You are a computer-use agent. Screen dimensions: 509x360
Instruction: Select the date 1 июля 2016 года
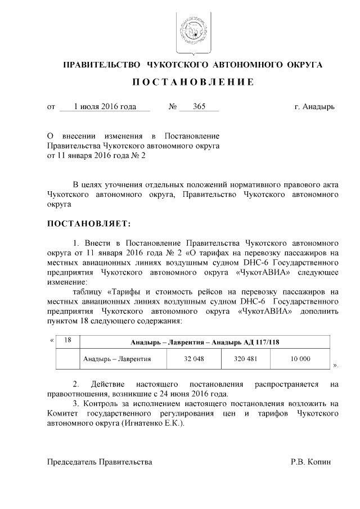105,106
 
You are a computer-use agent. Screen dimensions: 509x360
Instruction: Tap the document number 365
199,106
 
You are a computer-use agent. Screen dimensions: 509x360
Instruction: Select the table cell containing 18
67,341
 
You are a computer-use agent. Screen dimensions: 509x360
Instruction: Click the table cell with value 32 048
193,359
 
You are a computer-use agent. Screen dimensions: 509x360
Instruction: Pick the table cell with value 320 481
245,359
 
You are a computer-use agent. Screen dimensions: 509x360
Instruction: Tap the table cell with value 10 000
300,359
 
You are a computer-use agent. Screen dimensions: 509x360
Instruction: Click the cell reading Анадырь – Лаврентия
116,359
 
